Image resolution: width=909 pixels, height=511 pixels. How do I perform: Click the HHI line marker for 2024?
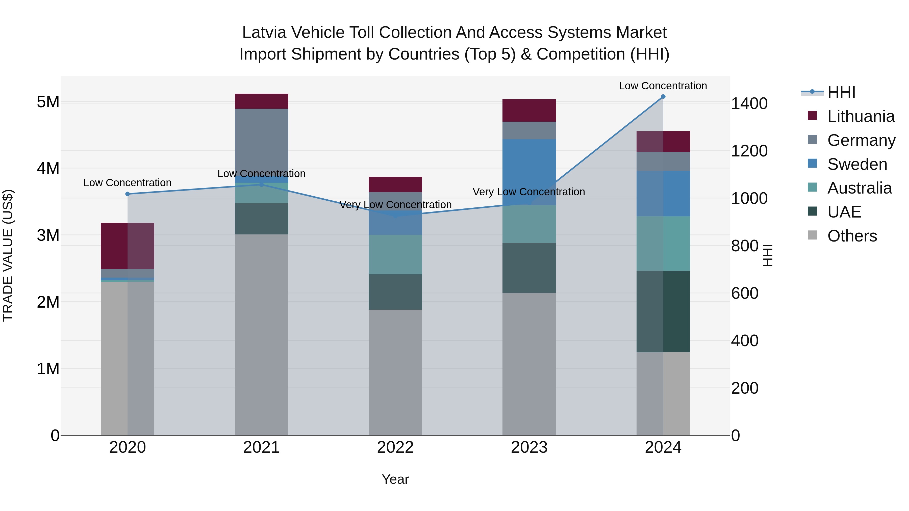[x=663, y=97]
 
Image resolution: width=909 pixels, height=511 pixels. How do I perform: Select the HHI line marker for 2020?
[x=128, y=194]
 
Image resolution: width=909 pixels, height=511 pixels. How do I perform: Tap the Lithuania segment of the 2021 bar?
[x=262, y=101]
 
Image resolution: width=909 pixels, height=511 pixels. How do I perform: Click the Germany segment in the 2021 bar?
[x=262, y=141]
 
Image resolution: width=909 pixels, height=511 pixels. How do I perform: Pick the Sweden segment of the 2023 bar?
[x=529, y=172]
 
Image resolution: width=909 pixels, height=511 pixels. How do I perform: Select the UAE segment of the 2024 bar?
[x=663, y=311]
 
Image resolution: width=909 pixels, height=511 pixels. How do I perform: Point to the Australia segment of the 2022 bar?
[x=395, y=254]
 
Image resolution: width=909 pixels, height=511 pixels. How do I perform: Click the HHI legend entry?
[x=841, y=92]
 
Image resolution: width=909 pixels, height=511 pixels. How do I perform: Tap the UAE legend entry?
[x=844, y=212]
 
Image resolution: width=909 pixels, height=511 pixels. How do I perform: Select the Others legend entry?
[x=852, y=236]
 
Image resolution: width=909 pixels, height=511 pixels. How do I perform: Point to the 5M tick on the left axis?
[x=48, y=102]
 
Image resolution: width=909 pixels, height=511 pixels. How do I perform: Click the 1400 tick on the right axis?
[x=749, y=104]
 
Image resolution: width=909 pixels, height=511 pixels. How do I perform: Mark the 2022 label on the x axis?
[x=395, y=447]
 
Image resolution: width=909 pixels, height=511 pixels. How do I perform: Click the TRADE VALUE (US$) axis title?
[x=8, y=255]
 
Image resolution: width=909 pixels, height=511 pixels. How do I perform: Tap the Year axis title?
[x=395, y=479]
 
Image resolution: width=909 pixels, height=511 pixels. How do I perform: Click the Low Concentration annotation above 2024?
[x=663, y=86]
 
